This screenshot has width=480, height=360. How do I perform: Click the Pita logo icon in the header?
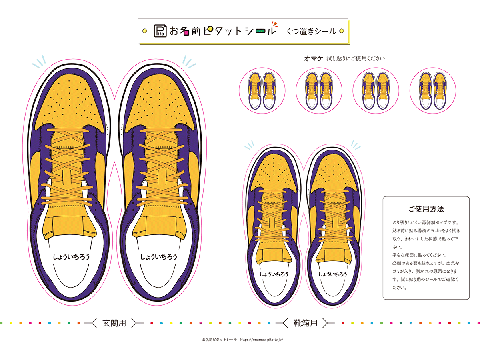[x=160, y=31]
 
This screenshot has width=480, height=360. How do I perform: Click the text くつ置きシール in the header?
[x=311, y=31]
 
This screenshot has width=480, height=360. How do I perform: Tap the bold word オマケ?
[x=313, y=58]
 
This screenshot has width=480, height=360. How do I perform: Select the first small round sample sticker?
[x=262, y=90]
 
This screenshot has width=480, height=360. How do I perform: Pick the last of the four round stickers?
[x=433, y=90]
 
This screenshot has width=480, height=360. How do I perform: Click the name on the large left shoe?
[x=71, y=257]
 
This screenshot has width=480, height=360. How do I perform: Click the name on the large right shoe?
[x=159, y=257]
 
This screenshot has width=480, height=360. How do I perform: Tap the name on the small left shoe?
[x=274, y=274]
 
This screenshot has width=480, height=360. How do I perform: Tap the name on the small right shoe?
[x=333, y=274]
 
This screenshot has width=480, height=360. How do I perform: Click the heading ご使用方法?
[x=426, y=209]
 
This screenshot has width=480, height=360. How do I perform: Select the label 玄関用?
[x=114, y=323]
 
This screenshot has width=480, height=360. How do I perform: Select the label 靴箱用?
[x=305, y=323]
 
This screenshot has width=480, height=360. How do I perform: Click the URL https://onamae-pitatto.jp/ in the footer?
[x=262, y=340]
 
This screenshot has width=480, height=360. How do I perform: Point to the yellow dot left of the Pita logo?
[x=144, y=31]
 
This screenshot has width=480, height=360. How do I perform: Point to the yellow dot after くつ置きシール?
[x=342, y=31]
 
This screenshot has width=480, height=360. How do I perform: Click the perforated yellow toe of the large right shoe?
[x=160, y=103]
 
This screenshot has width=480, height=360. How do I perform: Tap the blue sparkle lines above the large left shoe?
[x=39, y=62]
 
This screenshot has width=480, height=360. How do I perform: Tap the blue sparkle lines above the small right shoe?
[x=356, y=145]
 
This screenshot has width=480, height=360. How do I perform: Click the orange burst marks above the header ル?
[x=275, y=24]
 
